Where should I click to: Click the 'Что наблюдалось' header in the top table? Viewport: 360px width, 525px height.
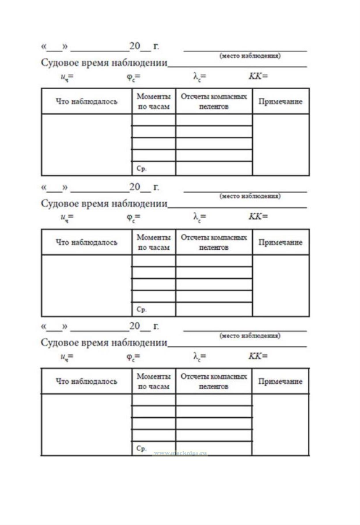tap(86, 101)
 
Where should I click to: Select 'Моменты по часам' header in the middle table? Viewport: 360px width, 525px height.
tap(154, 242)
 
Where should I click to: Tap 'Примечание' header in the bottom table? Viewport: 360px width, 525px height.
tap(280, 381)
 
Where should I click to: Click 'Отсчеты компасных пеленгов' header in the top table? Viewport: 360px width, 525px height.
tap(214, 101)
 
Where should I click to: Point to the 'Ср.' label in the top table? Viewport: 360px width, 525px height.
tap(141, 168)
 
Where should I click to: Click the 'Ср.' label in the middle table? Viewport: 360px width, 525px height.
tap(141, 309)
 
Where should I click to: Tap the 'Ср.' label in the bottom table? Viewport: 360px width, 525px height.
tap(141, 448)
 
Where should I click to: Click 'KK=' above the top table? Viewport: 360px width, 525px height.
tap(258, 76)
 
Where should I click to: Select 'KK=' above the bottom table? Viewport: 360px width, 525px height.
tap(258, 356)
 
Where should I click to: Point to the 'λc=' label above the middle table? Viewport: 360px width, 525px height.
tap(200, 217)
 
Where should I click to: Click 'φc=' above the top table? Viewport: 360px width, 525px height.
tap(133, 77)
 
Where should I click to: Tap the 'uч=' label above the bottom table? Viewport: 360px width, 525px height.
tap(67, 357)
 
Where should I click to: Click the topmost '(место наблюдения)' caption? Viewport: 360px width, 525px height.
tap(250, 56)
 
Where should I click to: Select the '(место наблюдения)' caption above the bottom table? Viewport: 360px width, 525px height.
tap(250, 336)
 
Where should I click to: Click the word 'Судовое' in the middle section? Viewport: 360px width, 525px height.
tap(59, 204)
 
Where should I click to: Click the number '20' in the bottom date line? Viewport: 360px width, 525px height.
tap(134, 326)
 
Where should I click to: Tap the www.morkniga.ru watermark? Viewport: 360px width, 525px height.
tap(180, 453)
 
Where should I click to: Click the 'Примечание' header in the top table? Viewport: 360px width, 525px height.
tap(280, 101)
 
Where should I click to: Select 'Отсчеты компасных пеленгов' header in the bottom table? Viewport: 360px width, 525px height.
tap(214, 381)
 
